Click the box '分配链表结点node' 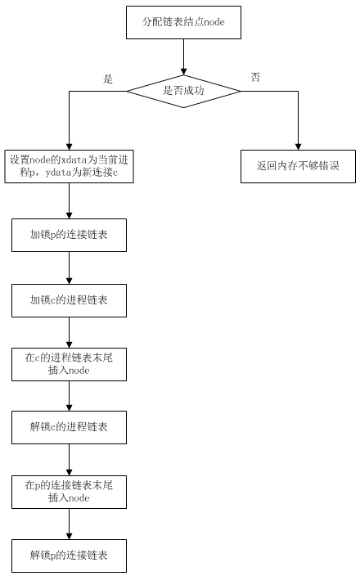(183, 22)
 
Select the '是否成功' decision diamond (183, 91)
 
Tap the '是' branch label (108, 79)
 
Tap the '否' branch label (255, 77)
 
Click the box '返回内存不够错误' (299, 166)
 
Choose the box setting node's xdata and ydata (69, 166)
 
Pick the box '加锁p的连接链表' (69, 235)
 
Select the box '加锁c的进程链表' (69, 300)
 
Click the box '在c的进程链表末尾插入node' (69, 364)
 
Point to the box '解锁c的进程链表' (69, 427)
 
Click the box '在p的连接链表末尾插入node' (69, 492)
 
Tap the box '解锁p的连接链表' (69, 556)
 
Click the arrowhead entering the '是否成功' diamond (183, 72)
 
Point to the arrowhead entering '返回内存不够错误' (299, 146)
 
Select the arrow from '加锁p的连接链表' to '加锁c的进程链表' (69, 268)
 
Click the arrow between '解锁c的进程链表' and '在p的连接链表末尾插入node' (69, 460)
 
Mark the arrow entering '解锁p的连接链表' (69, 524)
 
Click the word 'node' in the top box (214, 22)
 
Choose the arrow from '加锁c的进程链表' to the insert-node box (69, 332)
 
